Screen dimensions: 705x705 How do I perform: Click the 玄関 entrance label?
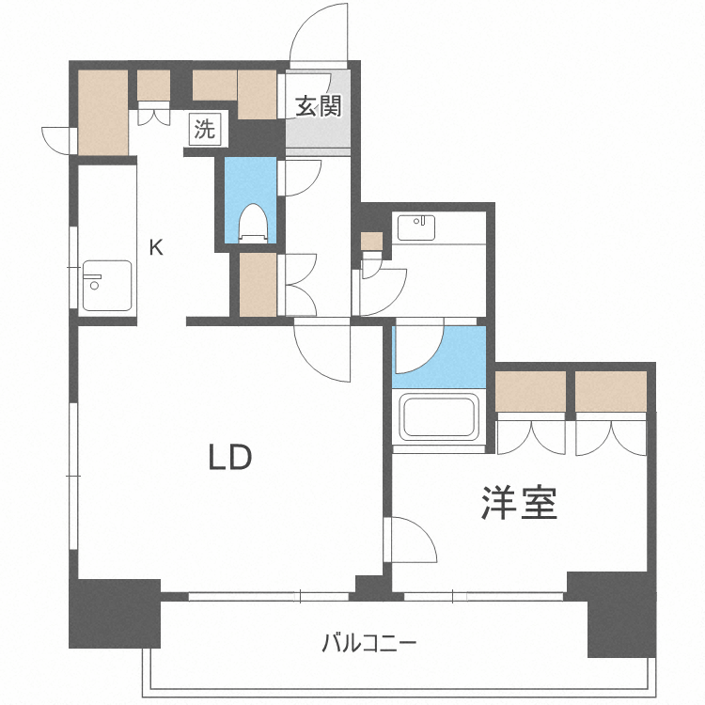[319, 106]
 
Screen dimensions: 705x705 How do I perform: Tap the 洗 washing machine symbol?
[204, 129]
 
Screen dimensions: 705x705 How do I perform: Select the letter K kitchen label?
[158, 248]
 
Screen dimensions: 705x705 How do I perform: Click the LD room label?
[229, 458]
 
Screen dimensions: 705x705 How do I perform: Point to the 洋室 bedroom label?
[520, 503]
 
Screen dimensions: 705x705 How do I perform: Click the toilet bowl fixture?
[252, 223]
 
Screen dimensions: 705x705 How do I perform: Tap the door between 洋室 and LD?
[412, 540]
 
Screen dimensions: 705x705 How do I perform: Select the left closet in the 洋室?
[531, 391]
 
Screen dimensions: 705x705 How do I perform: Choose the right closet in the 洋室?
[612, 391]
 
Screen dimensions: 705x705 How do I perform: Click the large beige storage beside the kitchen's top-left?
[102, 113]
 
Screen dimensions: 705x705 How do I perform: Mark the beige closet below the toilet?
[257, 285]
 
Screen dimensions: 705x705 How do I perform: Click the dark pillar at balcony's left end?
[114, 613]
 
